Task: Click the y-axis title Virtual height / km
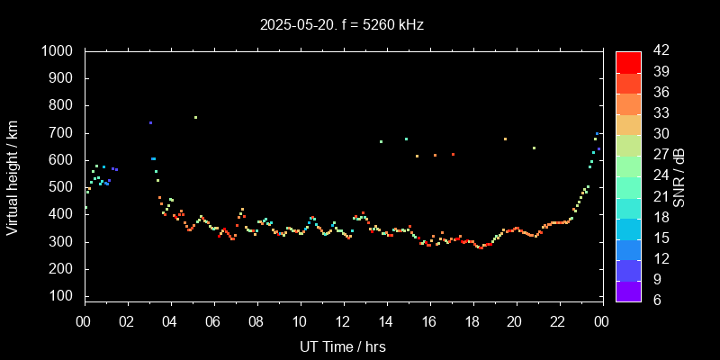(x=13, y=176)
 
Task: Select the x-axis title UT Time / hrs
(x=343, y=346)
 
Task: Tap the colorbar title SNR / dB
(x=679, y=176)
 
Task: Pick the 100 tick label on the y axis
(x=66, y=296)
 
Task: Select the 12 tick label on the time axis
(x=343, y=321)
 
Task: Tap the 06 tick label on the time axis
(x=213, y=321)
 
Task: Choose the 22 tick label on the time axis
(x=558, y=321)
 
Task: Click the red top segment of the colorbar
(x=628, y=61)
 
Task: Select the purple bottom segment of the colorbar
(x=628, y=290)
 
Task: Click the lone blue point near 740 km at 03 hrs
(x=150, y=122)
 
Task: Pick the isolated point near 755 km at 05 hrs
(x=195, y=117)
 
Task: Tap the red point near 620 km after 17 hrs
(x=453, y=154)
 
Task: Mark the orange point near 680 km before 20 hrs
(x=505, y=139)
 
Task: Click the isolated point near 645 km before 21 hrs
(x=534, y=148)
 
